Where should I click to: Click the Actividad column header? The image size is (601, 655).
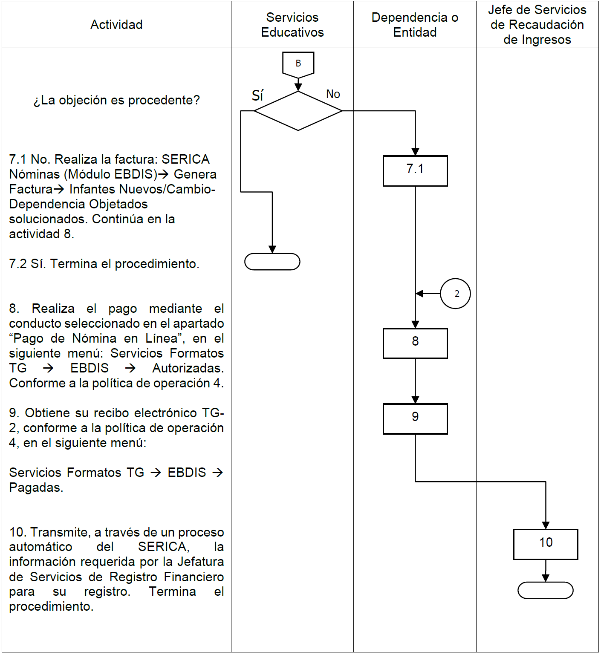click(x=116, y=25)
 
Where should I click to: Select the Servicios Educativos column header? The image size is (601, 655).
click(x=292, y=25)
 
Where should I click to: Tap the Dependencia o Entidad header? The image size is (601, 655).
click(x=415, y=25)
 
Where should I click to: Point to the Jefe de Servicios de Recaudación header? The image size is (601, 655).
click(x=537, y=25)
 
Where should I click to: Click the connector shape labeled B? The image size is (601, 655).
click(x=298, y=64)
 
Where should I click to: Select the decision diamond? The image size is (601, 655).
click(x=298, y=111)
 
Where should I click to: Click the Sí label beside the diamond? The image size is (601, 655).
click(x=257, y=95)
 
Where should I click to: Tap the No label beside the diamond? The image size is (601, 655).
click(x=333, y=94)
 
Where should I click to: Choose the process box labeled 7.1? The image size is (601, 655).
click(x=415, y=171)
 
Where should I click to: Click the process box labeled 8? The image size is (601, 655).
click(x=415, y=343)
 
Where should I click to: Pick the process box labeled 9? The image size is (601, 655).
click(x=415, y=418)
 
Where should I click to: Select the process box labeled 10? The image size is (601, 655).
click(x=546, y=544)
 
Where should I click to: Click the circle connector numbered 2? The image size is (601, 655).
click(x=455, y=294)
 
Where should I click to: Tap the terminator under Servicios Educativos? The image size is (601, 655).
click(x=272, y=262)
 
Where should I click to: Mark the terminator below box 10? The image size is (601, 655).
click(x=546, y=590)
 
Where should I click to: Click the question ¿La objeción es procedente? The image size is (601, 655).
click(x=116, y=100)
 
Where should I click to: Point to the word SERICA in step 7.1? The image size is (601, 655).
click(x=185, y=159)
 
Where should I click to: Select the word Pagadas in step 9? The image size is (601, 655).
click(x=36, y=488)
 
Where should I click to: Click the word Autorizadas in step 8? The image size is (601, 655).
click(x=188, y=368)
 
